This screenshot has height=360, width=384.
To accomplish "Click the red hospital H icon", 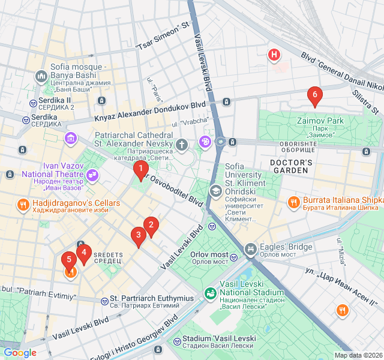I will pyautogui.click(x=274, y=55).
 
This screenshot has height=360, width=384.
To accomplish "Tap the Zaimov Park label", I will pyautogui.click(x=320, y=121).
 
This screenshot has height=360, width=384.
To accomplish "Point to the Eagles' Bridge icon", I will pyautogui.click(x=250, y=248).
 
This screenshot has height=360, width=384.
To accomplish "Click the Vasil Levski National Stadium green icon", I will pyautogui.click(x=211, y=293).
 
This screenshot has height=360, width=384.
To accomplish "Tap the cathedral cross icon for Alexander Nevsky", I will pyautogui.click(x=182, y=144).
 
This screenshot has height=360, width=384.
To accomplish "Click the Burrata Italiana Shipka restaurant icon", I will pyautogui.click(x=293, y=202).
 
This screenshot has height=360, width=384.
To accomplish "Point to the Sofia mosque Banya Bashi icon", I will pyautogui.click(x=41, y=76).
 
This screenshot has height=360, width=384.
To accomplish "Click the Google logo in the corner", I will pyautogui.click(x=20, y=353).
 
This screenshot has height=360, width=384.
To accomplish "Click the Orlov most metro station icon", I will pyautogui.click(x=212, y=226).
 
